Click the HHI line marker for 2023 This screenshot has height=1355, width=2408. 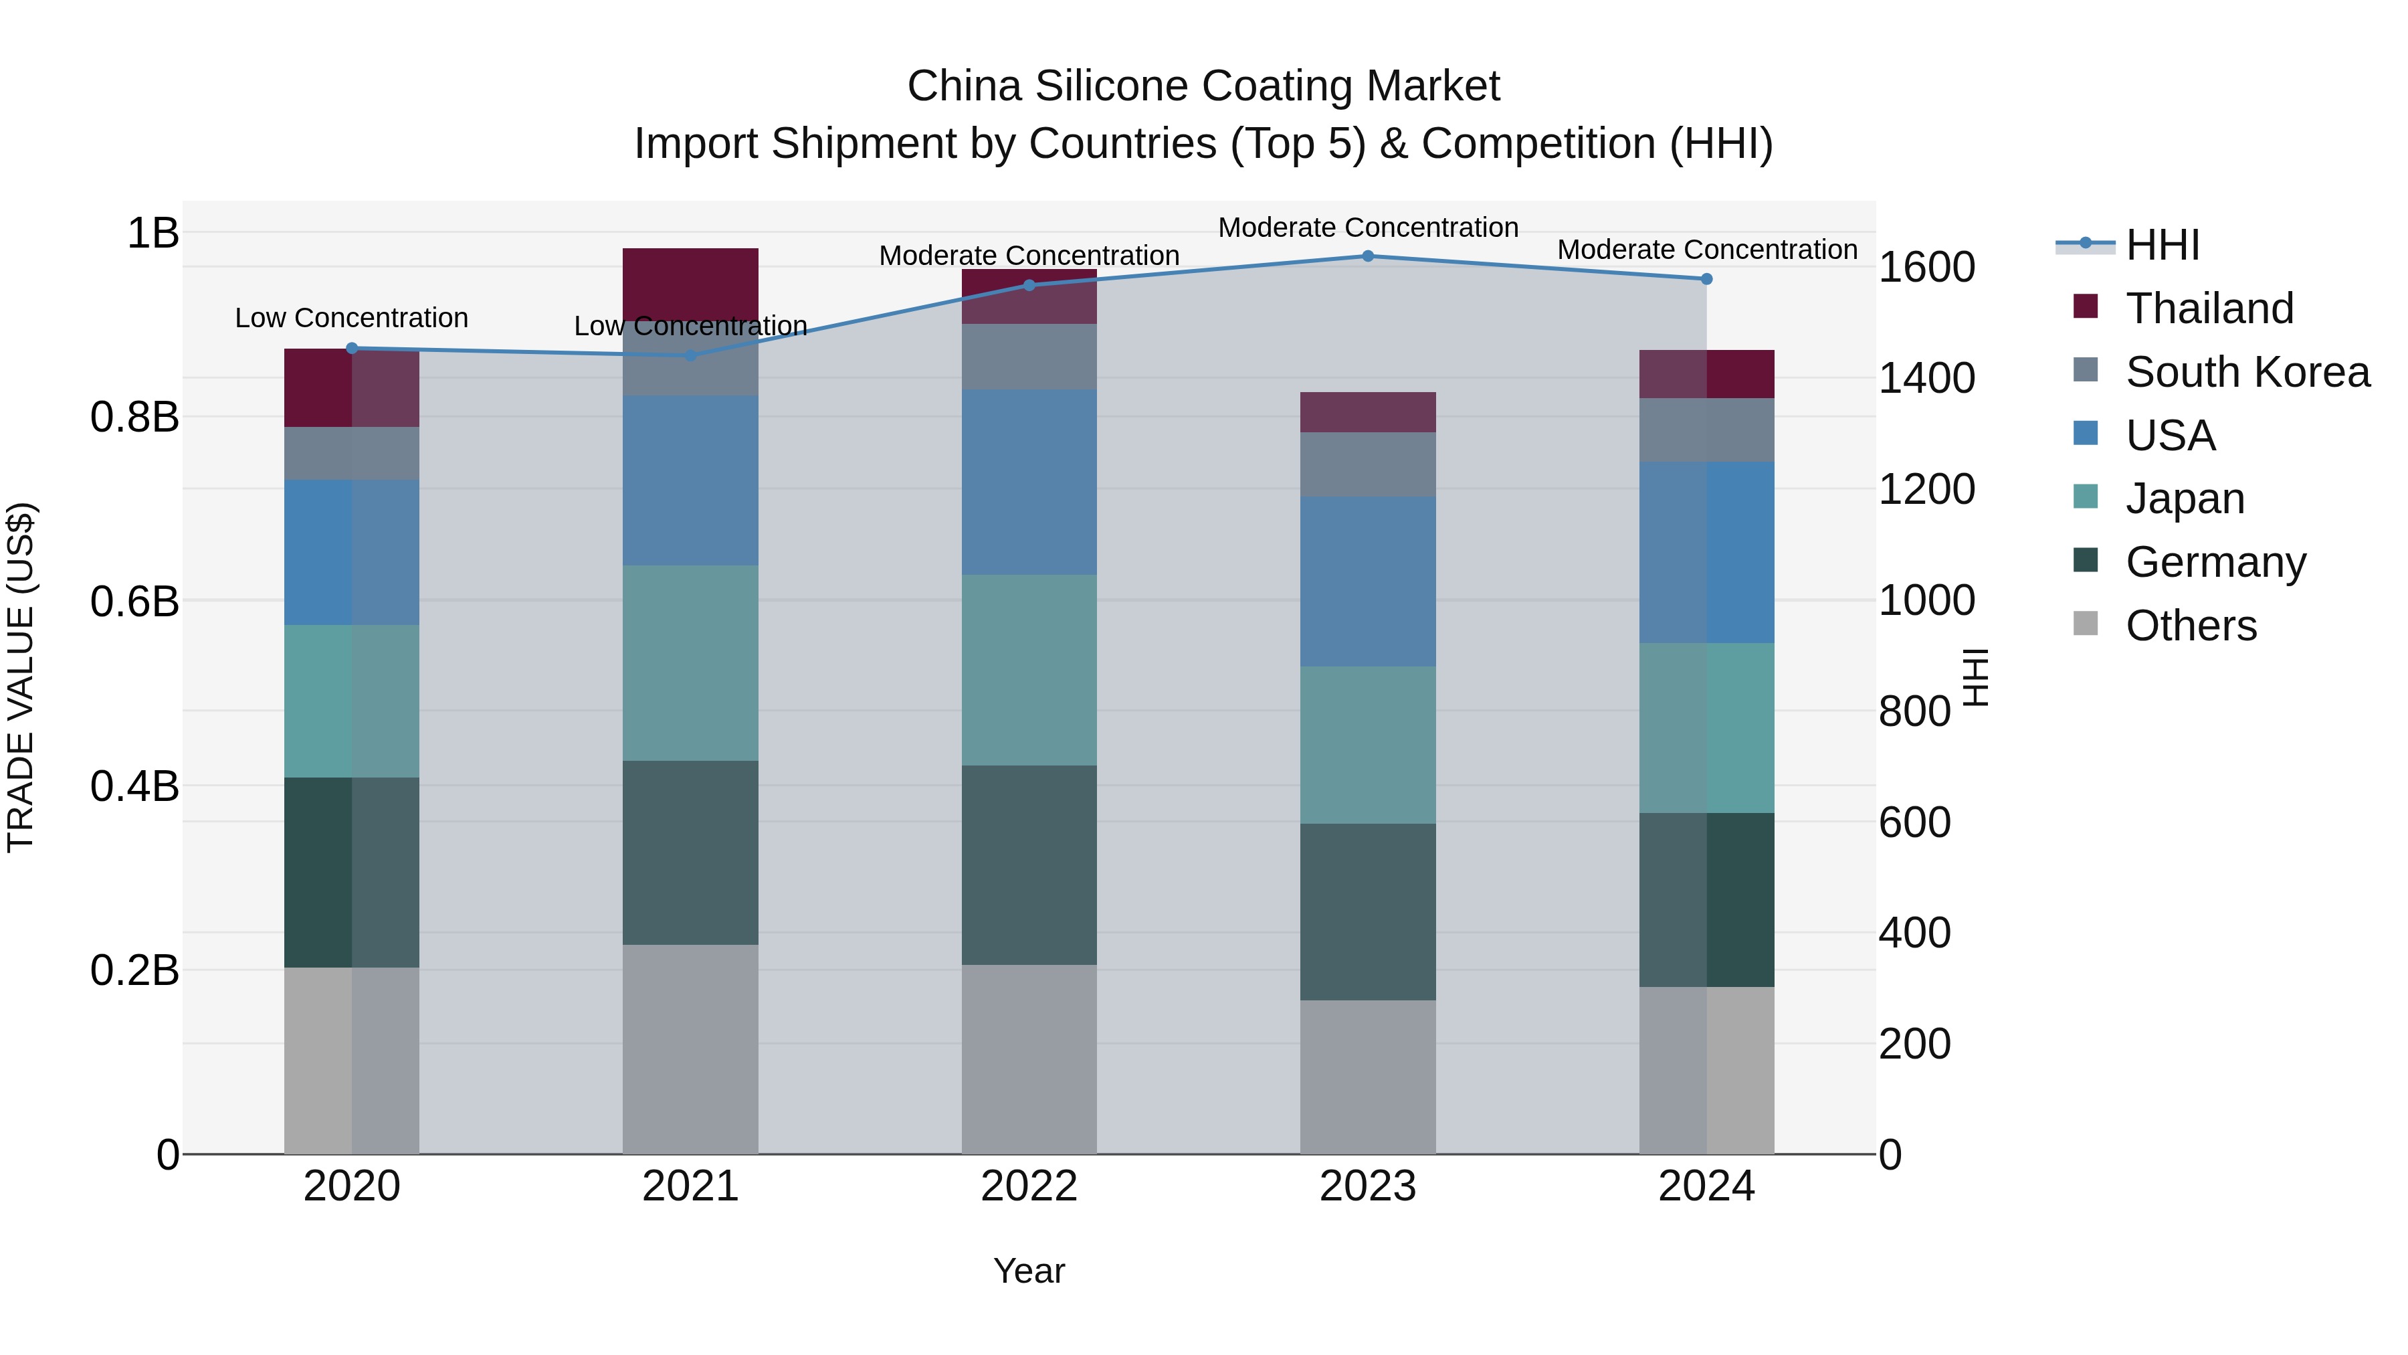click(x=1368, y=256)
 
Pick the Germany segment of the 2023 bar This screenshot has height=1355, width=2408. click(x=1368, y=912)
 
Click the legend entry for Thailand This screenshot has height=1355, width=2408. click(x=2209, y=308)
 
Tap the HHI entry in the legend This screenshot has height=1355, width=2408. click(x=2161, y=245)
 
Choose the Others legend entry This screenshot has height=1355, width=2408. click(x=2190, y=626)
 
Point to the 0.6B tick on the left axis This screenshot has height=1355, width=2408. click(x=134, y=602)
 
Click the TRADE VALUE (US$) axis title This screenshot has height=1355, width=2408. click(x=21, y=677)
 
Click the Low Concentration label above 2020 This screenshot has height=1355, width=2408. click(x=351, y=318)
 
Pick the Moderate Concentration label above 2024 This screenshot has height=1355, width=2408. click(x=1707, y=250)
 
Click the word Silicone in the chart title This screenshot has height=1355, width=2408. click(x=1112, y=86)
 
